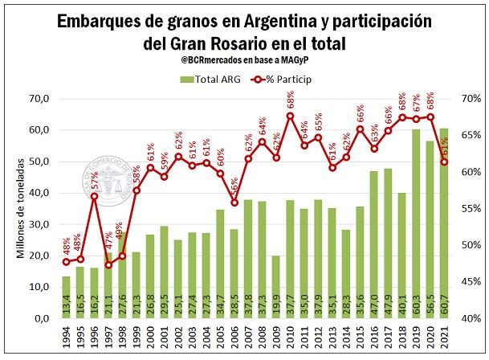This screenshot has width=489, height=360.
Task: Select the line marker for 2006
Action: (x=234, y=202)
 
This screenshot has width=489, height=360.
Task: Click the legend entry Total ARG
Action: (x=210, y=79)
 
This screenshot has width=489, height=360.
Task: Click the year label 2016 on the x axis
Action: (x=374, y=337)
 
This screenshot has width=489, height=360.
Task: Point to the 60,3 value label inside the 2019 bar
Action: (x=416, y=306)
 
